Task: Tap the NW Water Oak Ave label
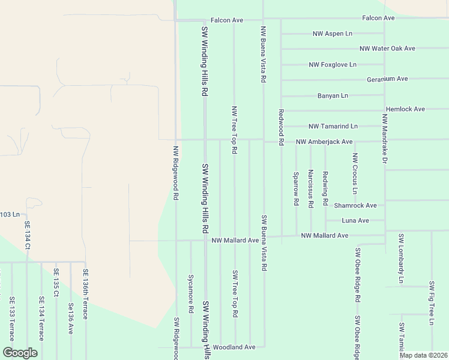pyautogui.click(x=387, y=49)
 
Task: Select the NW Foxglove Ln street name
pyautogui.click(x=333, y=64)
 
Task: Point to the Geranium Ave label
pyautogui.click(x=387, y=79)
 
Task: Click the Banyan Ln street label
pyautogui.click(x=333, y=95)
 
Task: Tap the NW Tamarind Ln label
pyautogui.click(x=333, y=127)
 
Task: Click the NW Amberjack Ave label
pyautogui.click(x=324, y=142)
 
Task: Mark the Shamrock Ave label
pyautogui.click(x=355, y=205)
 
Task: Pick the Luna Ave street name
pyautogui.click(x=355, y=221)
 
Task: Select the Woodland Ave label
pyautogui.click(x=234, y=347)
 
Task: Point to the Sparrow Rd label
pyautogui.click(x=296, y=189)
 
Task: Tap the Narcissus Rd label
pyautogui.click(x=310, y=188)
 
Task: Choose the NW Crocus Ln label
pyautogui.click(x=355, y=173)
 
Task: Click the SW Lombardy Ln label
pyautogui.click(x=400, y=263)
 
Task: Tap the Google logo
pyautogui.click(x=20, y=353)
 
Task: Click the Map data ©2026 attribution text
pyautogui.click(x=423, y=355)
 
